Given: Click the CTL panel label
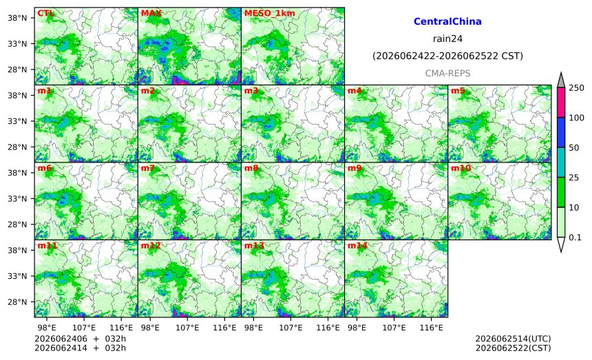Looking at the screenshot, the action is coord(45,13).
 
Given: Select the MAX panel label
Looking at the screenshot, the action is coord(151,13).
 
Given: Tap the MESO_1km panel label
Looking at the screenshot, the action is coord(270,13).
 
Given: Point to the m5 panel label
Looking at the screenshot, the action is coord(458,91).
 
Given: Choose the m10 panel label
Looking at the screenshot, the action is coord(461,168).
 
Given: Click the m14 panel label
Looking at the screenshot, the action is coord(357,246).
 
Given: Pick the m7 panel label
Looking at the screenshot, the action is coord(148,168).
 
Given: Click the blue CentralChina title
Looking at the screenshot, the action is coord(447,21).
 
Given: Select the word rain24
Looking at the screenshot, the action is coord(447,39).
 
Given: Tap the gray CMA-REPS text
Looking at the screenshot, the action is coord(447,73).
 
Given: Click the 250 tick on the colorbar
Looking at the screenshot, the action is coord(576,88).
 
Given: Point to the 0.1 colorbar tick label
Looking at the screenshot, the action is coord(575,237).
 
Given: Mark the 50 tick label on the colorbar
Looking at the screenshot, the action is coord(573,147).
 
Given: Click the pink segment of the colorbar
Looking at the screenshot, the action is coord(561,103).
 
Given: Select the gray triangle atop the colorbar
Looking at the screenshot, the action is coord(561,80).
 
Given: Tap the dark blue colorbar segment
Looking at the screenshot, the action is coord(561,132).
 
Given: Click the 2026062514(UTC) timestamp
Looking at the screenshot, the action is coord(513,339).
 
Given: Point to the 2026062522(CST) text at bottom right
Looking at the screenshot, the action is coord(513,348).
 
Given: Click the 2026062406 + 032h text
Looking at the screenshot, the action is coord(80,339).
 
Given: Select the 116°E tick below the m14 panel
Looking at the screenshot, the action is coord(431,328).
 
